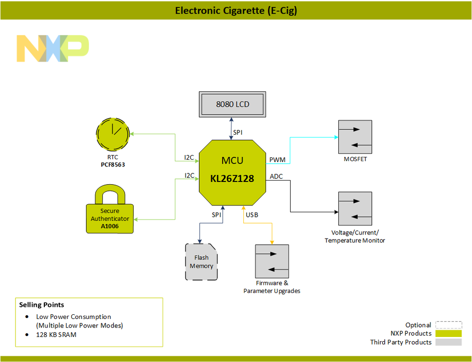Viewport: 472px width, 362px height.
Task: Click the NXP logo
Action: (x=52, y=48)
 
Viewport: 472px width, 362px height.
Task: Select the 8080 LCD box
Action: (x=232, y=104)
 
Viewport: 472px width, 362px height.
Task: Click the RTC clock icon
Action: (x=112, y=133)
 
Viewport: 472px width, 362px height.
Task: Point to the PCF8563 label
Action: (x=112, y=165)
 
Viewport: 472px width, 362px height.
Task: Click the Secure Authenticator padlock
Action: (x=110, y=212)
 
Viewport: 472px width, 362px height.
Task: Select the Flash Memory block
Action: (x=201, y=262)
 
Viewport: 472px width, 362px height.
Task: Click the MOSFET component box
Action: (x=355, y=137)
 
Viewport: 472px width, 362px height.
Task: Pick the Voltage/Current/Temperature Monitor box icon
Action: (x=355, y=208)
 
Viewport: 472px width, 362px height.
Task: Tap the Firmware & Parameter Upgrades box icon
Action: (x=272, y=261)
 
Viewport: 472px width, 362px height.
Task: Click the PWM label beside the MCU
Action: (x=277, y=160)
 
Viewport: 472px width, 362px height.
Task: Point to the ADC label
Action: (x=276, y=177)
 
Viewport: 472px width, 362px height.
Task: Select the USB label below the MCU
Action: (x=252, y=215)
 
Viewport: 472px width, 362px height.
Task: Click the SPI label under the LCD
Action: (x=238, y=133)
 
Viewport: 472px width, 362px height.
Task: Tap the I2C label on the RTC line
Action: (x=189, y=157)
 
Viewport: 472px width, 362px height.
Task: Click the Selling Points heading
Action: (x=42, y=305)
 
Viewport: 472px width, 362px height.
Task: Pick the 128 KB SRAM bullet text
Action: (x=56, y=335)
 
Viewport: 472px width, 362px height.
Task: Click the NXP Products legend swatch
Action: (x=448, y=334)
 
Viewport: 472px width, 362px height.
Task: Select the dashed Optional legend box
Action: (x=448, y=325)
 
